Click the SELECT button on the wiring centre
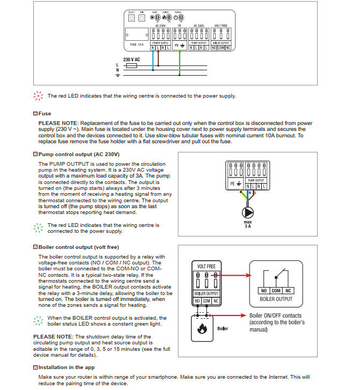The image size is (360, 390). tap(131, 18)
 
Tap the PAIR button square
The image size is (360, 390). tap(142, 18)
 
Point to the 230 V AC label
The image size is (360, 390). tap(131, 59)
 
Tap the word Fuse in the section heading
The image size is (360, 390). tap(45, 114)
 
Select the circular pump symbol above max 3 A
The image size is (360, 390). tap(247, 211)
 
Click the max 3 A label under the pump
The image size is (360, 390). tap(247, 224)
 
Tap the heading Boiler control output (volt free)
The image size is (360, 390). tap(78, 247)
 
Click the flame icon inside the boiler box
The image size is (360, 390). tap(202, 329)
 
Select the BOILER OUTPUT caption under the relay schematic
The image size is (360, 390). tap(276, 299)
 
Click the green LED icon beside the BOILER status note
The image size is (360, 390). tap(38, 320)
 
